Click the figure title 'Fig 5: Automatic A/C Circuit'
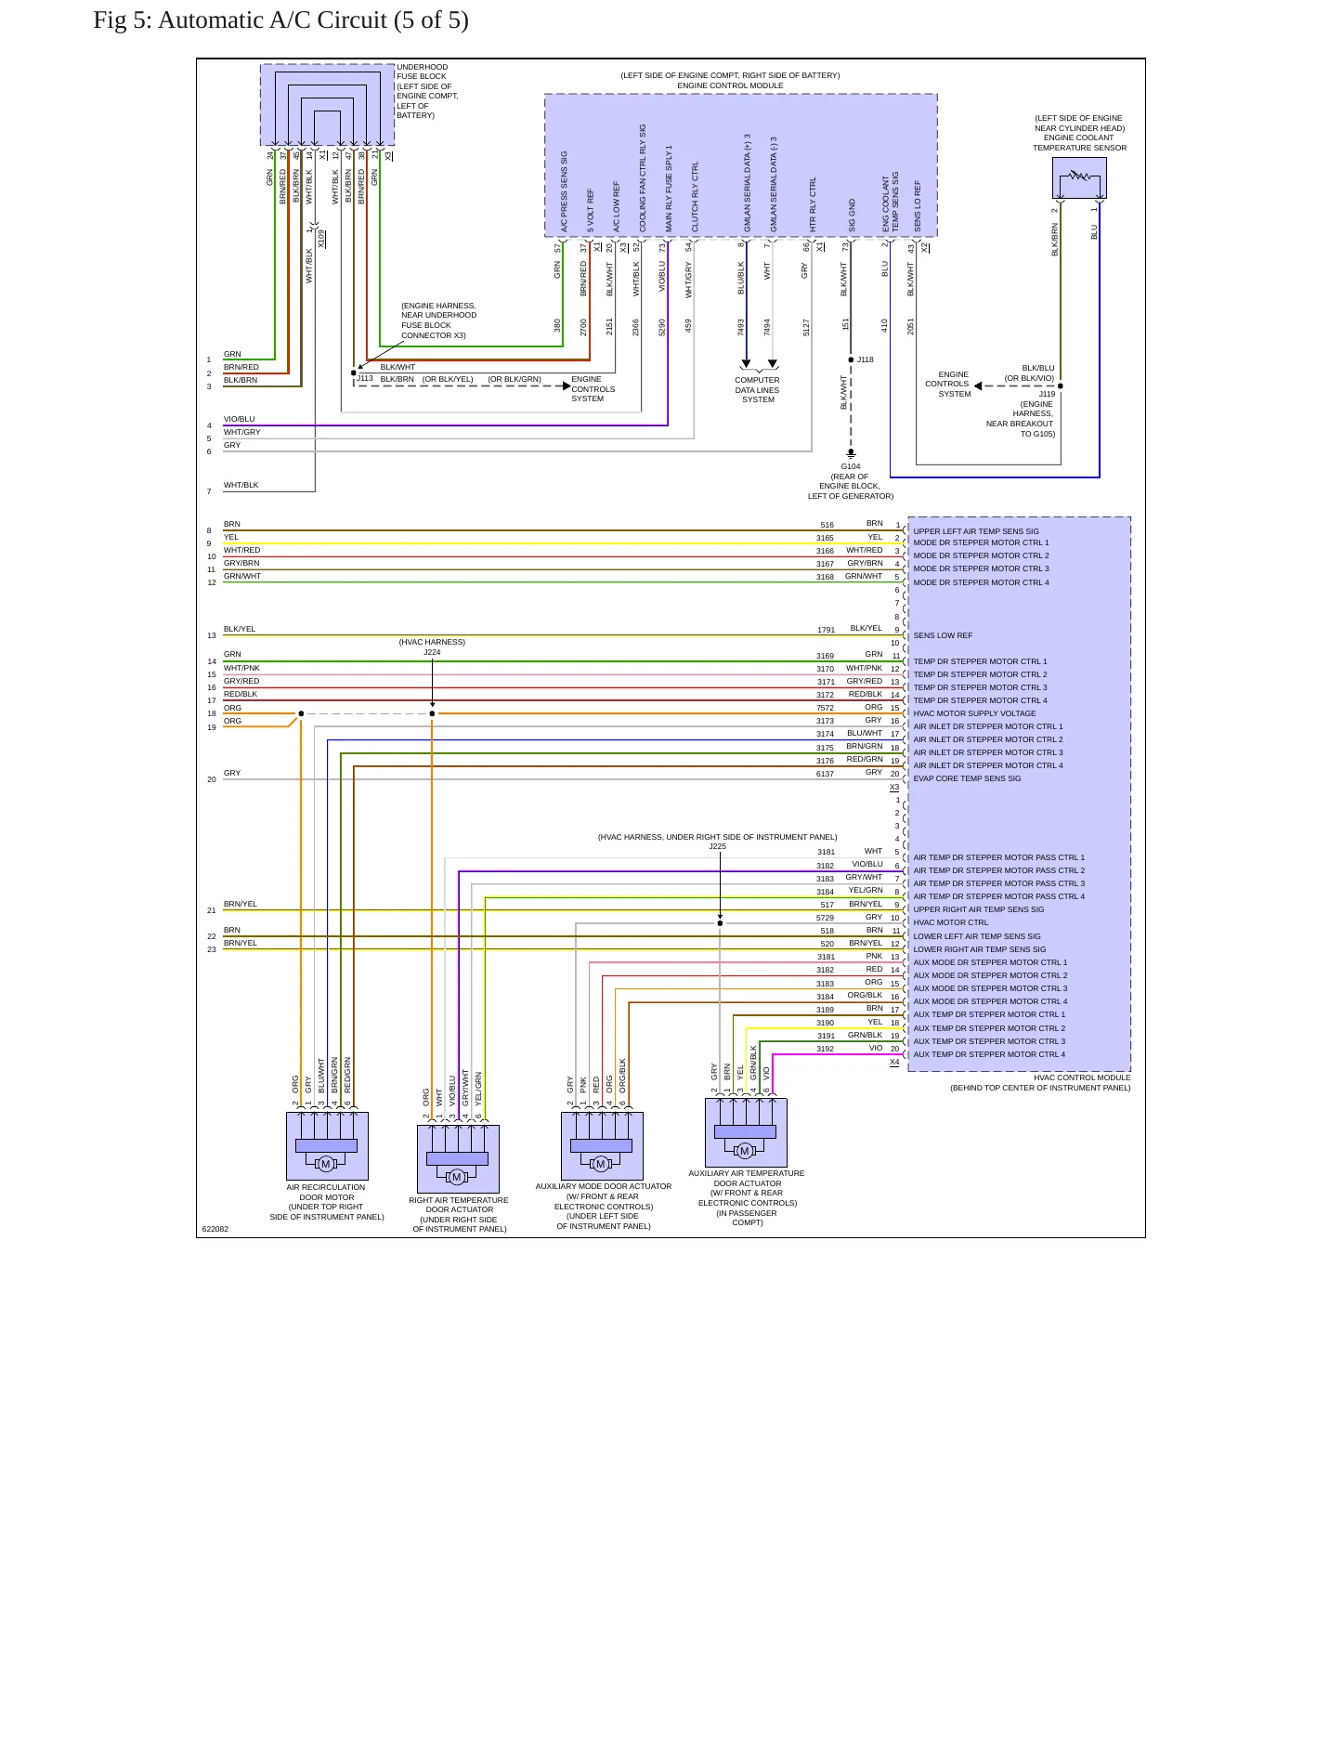point(241,20)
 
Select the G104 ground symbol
point(851,454)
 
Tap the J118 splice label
point(866,359)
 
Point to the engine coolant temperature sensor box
point(1079,177)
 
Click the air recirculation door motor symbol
point(327,1146)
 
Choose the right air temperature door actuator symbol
point(458,1159)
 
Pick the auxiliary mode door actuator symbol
point(602,1146)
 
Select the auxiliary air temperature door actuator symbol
point(746,1133)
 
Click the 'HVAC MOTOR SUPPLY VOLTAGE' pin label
point(974,714)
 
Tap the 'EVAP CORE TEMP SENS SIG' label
point(967,779)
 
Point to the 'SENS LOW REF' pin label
point(943,636)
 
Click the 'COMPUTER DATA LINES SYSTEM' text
point(758,390)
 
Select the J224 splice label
point(432,652)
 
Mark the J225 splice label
point(718,847)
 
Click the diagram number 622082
point(215,1229)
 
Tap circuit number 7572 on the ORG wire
point(825,708)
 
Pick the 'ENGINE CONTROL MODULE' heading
point(730,85)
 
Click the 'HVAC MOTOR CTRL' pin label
point(951,923)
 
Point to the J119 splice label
point(1047,395)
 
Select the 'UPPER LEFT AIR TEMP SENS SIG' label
point(976,532)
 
